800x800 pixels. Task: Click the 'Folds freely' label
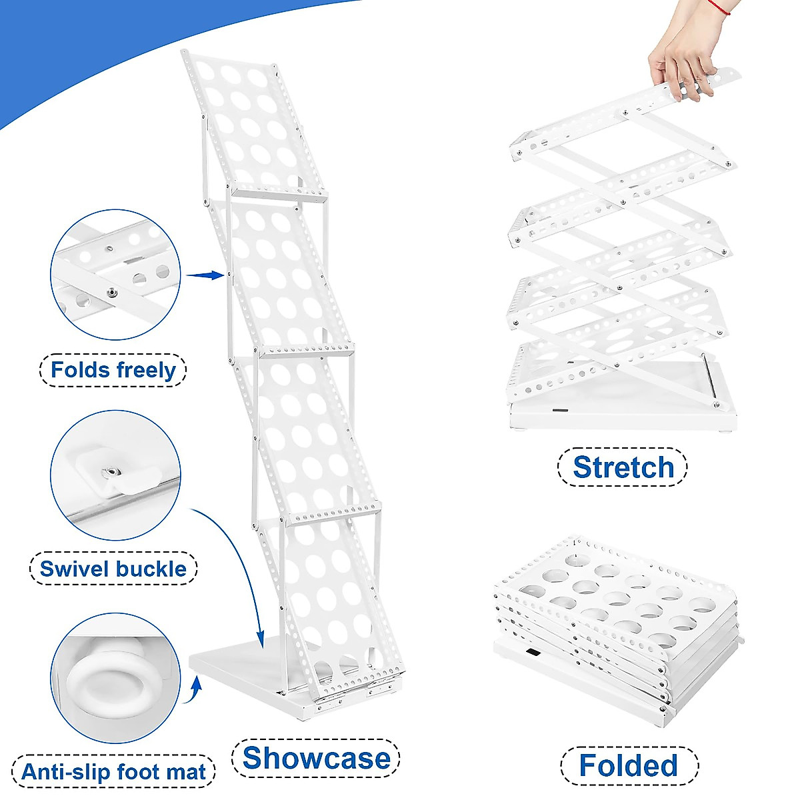point(113,370)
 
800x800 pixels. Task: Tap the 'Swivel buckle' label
point(113,569)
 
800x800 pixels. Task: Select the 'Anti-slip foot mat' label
point(113,772)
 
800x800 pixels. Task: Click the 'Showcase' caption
point(316,758)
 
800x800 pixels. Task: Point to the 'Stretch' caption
point(623,467)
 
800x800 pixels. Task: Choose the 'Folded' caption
point(628,765)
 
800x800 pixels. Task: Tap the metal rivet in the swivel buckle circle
point(108,473)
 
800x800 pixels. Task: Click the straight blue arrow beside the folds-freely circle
point(204,275)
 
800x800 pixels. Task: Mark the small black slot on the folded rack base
point(532,654)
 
